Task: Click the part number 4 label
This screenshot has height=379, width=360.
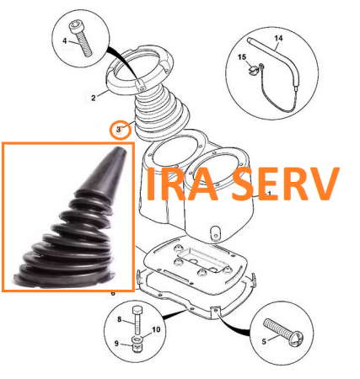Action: tap(65, 41)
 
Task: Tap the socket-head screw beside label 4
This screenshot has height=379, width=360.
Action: tap(81, 39)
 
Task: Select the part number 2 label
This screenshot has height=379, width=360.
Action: tap(94, 98)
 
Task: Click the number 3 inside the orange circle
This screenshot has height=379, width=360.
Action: tap(118, 130)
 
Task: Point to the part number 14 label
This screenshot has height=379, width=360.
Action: tap(278, 38)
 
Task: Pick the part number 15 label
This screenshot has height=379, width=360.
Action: tap(242, 57)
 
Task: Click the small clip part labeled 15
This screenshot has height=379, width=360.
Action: tap(255, 69)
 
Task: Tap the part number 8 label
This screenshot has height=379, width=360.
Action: tap(120, 319)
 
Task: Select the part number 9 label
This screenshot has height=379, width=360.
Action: tap(116, 344)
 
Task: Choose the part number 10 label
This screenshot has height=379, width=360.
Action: tap(156, 329)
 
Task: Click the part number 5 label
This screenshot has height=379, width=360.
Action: tap(264, 341)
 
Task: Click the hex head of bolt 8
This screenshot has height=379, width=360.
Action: tap(137, 310)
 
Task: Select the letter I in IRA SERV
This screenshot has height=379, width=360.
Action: tap(150, 184)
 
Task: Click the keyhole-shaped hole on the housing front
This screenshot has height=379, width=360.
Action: tap(216, 232)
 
